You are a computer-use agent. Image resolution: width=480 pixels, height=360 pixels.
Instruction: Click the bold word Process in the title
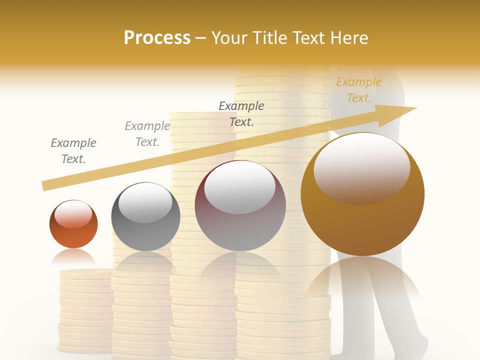pyautogui.click(x=157, y=38)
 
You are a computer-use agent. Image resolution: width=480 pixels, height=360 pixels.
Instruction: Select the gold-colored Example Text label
pyautogui.click(x=358, y=90)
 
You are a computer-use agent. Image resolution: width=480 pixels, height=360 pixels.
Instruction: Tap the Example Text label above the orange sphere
pyautogui.click(x=73, y=151)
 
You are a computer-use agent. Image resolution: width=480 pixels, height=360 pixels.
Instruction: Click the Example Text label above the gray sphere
pyautogui.click(x=147, y=134)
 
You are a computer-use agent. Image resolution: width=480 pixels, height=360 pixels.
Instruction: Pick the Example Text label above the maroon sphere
pyautogui.click(x=241, y=113)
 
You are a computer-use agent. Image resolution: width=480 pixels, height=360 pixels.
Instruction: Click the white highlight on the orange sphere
pyautogui.click(x=73, y=214)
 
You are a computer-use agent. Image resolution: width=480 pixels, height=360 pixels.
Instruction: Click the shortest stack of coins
pyautogui.click(x=85, y=310)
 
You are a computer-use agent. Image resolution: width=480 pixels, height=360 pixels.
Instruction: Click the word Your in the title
pyautogui.click(x=229, y=38)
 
